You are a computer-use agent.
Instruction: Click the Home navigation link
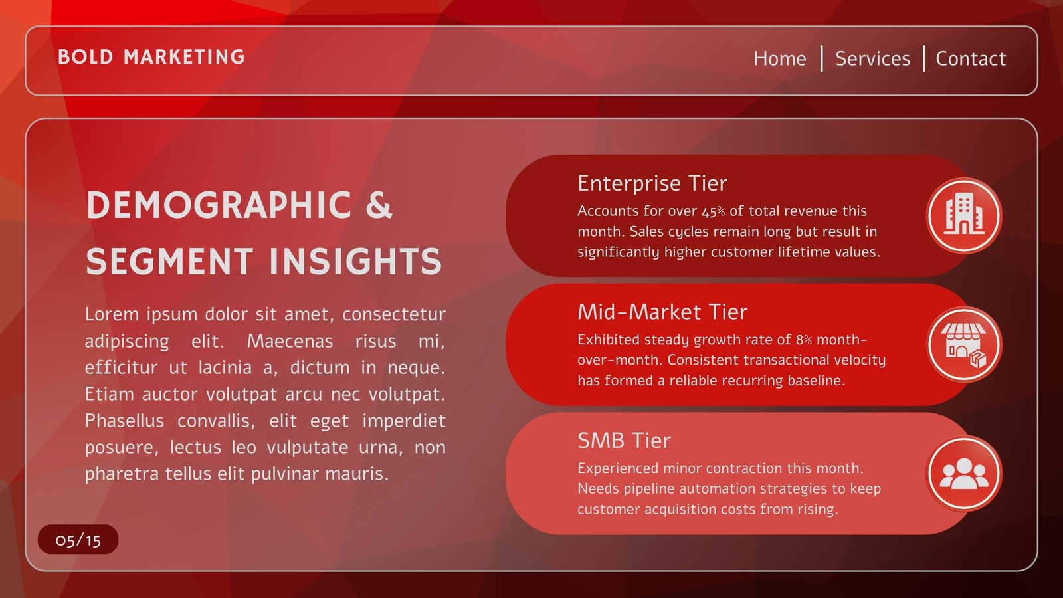(780, 59)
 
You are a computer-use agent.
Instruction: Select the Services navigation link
(873, 59)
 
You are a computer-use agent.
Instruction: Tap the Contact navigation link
(971, 59)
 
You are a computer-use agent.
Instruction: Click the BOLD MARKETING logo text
(151, 57)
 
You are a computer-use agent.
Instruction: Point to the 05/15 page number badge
(78, 540)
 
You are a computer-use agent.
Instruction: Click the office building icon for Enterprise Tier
(964, 215)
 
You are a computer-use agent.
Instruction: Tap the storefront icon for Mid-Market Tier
(964, 345)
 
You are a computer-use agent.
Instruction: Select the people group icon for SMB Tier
(964, 473)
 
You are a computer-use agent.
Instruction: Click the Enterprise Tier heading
(652, 183)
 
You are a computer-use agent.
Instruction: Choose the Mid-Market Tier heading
(662, 312)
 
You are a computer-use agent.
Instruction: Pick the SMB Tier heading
(624, 441)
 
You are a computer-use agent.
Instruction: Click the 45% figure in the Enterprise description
(714, 211)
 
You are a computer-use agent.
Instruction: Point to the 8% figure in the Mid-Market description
(804, 340)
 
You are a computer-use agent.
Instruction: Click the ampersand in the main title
(379, 205)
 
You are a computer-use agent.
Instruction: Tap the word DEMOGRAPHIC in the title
(219, 205)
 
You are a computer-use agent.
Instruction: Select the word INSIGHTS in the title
(356, 261)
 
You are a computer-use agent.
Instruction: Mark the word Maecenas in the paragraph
(290, 342)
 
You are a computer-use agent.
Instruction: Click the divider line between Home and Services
(821, 59)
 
